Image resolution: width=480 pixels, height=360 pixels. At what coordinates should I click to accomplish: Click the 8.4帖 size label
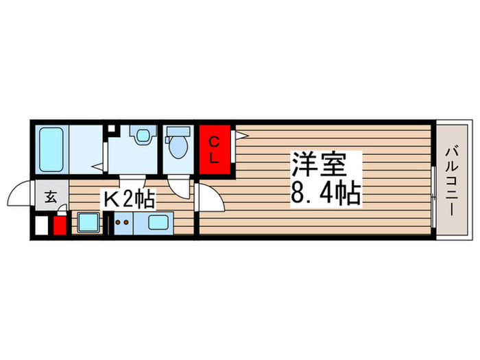325,194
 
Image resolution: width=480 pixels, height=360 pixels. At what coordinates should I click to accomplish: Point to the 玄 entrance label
50,198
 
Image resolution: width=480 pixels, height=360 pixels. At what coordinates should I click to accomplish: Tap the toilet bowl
178,147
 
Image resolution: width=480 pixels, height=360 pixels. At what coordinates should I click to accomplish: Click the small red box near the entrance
60,226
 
